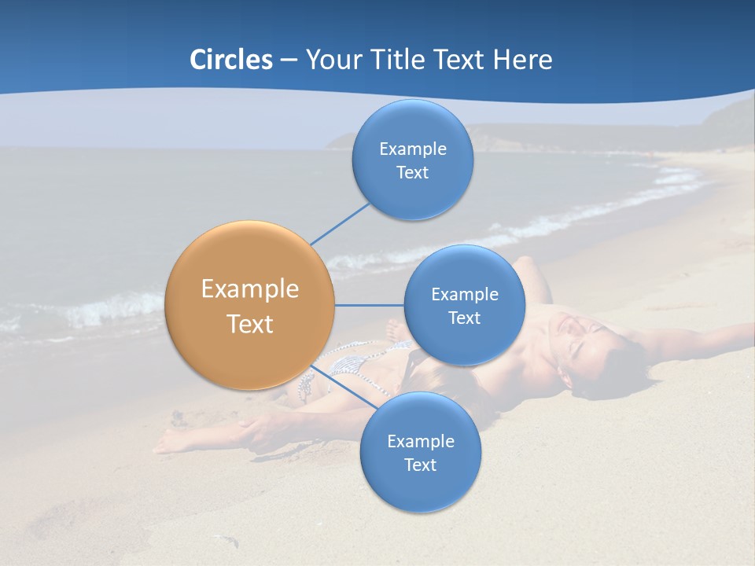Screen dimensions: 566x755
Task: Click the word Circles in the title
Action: tap(230, 60)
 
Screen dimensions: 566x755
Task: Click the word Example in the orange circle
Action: tap(250, 289)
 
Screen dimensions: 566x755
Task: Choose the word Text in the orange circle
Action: tap(250, 324)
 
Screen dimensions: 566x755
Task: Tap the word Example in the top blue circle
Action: tap(413, 149)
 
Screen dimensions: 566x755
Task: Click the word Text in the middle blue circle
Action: tap(464, 318)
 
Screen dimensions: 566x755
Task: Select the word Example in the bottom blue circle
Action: tap(420, 441)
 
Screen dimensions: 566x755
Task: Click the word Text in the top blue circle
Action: tap(412, 173)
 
